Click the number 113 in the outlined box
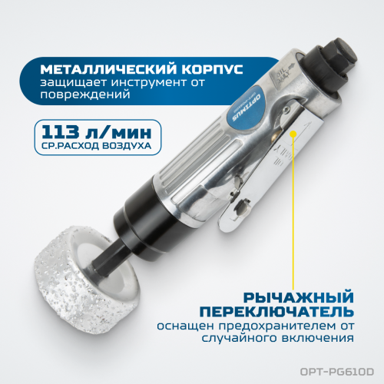pos(61,132)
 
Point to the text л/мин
pos(118,132)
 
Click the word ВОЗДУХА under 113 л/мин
pos(127,146)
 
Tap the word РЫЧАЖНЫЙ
pos(299,298)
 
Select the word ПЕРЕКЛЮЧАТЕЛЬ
pos(277,312)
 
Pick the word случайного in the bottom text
pos(239,338)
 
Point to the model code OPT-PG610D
pos(337,372)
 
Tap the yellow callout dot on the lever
pos(293,134)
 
